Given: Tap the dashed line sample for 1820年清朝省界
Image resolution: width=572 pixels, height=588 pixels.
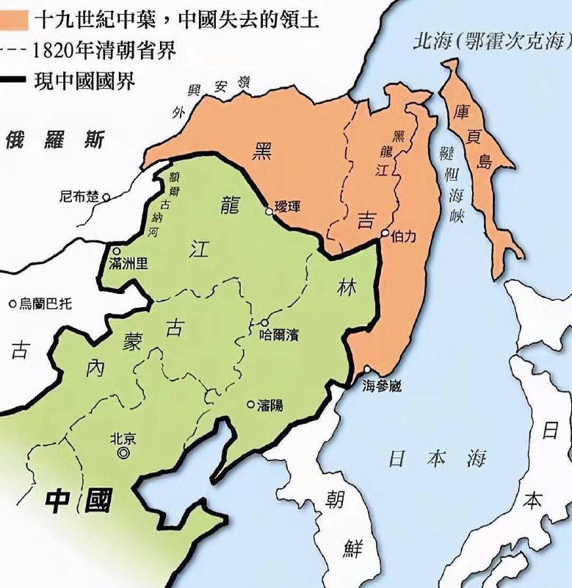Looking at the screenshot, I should click(x=15, y=51).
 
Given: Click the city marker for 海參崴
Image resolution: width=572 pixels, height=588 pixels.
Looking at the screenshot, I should click(x=366, y=370).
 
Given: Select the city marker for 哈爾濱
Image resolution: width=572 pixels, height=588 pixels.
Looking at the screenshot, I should click(x=264, y=323).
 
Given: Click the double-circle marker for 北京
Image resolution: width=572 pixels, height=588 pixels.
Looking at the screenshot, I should click(x=123, y=453).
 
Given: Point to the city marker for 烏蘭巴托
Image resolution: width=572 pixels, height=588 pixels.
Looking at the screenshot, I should click(x=12, y=304).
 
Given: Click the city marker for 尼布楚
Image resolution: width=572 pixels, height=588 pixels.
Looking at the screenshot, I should click(x=106, y=196).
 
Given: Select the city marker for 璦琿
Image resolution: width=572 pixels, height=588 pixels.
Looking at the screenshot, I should click(x=269, y=211).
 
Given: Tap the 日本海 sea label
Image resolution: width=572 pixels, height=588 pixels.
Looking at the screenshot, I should click(x=436, y=459).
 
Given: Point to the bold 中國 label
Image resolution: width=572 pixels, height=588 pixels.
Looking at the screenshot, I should click(x=79, y=501).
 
